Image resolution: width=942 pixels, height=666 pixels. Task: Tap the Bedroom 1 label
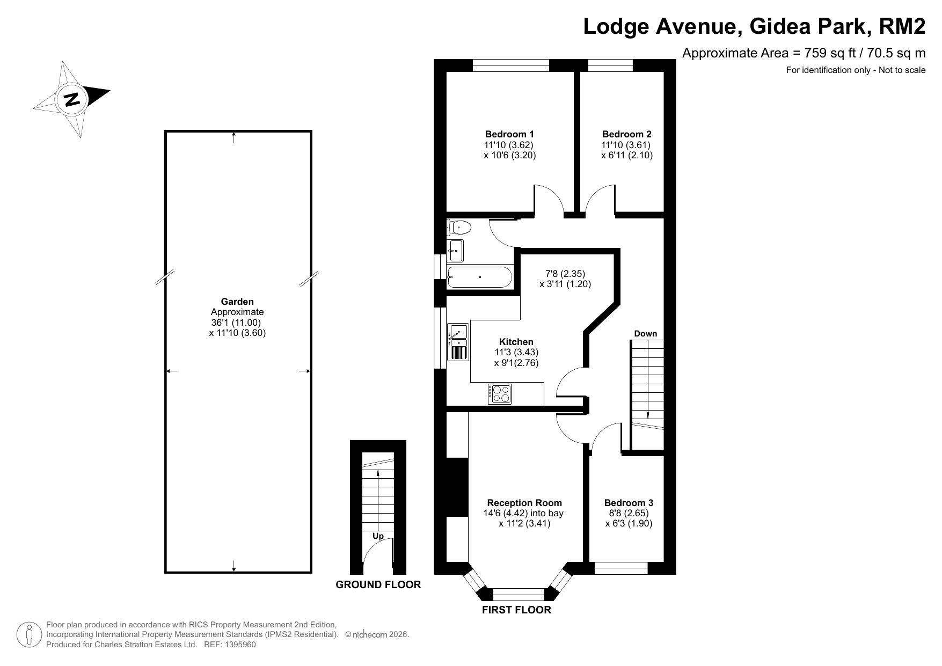point(509,134)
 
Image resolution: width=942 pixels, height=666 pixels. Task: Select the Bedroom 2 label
point(627,134)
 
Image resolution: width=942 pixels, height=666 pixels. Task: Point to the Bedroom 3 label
point(629,503)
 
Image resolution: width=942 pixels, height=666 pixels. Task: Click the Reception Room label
point(524,503)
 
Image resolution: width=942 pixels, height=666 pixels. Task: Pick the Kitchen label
point(516,342)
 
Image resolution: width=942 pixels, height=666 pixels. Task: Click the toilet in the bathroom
point(459,228)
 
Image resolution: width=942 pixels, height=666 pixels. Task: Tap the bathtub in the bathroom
point(480,277)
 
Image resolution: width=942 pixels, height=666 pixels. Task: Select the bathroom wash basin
point(456,250)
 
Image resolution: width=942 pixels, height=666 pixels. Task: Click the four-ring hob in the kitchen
point(499,394)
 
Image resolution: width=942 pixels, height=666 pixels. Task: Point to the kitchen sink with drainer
point(458,342)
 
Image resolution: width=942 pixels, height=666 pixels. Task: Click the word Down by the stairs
point(646,334)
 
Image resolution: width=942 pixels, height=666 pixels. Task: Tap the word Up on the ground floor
point(378,536)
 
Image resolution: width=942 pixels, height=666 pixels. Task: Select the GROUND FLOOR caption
point(378,584)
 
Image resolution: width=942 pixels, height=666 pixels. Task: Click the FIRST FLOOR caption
point(516,610)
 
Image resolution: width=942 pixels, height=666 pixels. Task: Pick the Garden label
point(237,302)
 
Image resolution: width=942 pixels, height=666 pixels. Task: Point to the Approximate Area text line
point(804,53)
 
